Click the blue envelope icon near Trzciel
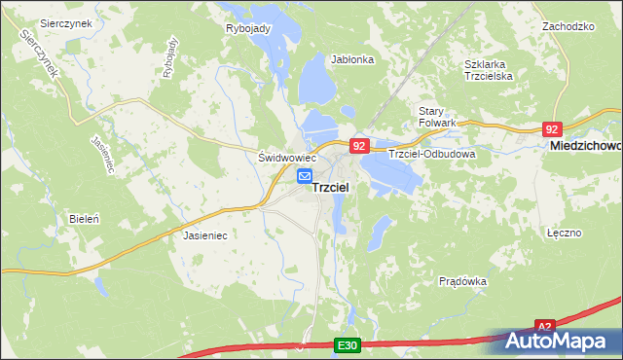(x=305, y=176)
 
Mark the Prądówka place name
(x=462, y=281)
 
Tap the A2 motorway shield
(x=546, y=327)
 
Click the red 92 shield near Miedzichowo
(x=552, y=128)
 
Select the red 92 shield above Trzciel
(x=359, y=146)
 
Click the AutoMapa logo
(x=562, y=342)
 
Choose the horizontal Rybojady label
(x=248, y=28)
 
